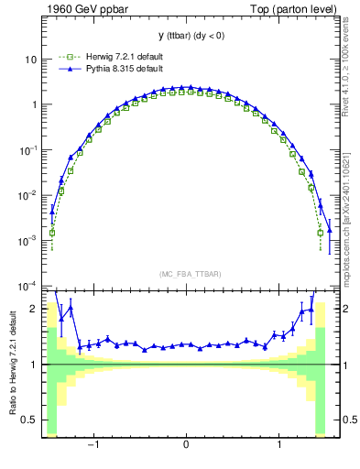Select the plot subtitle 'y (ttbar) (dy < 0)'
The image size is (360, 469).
click(x=185, y=36)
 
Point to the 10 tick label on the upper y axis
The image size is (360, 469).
click(x=29, y=60)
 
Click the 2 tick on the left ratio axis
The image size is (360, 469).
click(x=32, y=310)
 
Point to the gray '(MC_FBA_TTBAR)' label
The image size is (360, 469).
click(x=185, y=274)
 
